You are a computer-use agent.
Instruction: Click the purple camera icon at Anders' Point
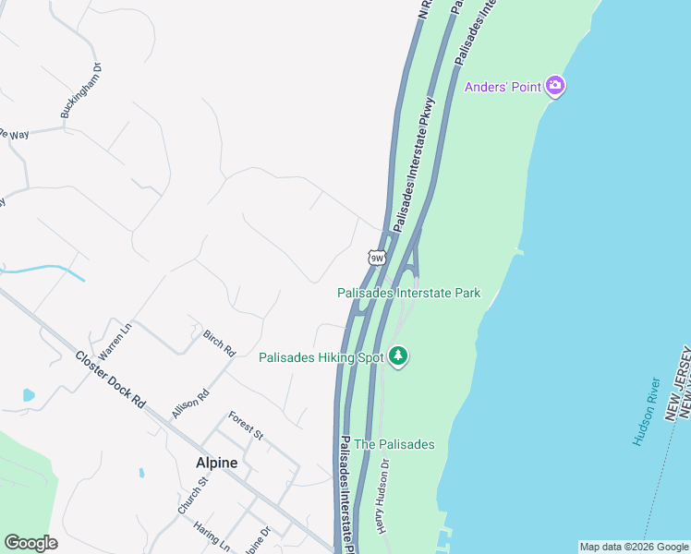[555, 87]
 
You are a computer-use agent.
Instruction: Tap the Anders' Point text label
[503, 88]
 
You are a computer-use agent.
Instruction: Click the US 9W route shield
[376, 258]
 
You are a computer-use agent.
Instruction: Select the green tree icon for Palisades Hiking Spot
[398, 356]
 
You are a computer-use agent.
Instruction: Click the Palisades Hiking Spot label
[321, 357]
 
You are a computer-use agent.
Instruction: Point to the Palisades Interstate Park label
[408, 293]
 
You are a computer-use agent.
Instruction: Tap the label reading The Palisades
[394, 444]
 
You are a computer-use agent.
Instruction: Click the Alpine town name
[216, 463]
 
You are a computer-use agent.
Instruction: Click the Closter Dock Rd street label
[111, 379]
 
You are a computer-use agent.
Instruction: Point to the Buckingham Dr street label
[80, 90]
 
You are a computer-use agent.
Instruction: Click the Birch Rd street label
[220, 343]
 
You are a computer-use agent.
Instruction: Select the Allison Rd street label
[191, 403]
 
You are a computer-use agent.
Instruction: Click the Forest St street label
[247, 425]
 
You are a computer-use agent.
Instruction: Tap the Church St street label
[193, 495]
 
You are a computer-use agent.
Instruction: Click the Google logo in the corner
[30, 543]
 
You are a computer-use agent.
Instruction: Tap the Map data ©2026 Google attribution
[634, 547]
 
